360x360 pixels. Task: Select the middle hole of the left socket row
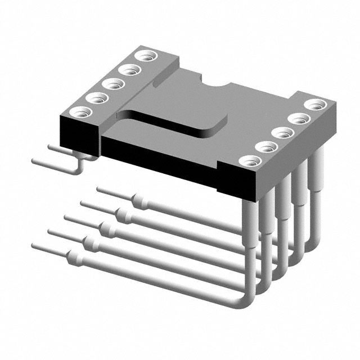pos(114,84)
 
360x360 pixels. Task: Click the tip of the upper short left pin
pos(51,146)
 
